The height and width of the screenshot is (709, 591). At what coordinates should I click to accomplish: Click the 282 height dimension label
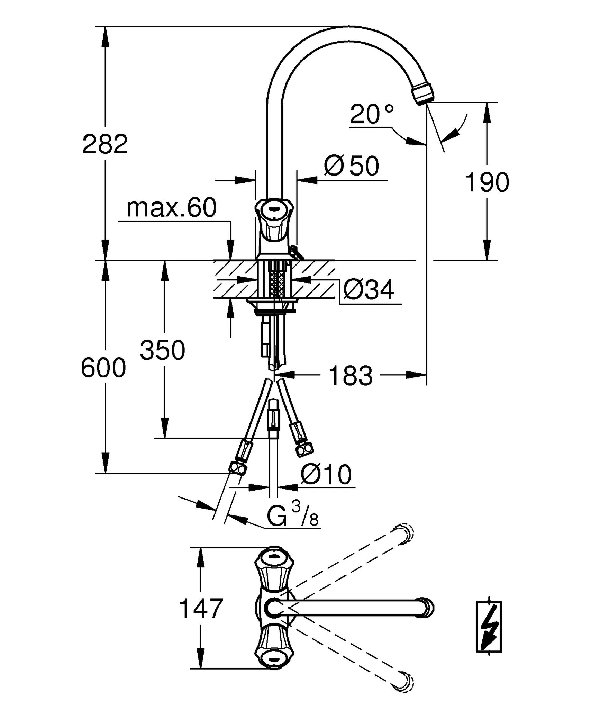click(x=105, y=144)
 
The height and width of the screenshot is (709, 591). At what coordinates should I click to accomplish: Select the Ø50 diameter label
click(x=352, y=166)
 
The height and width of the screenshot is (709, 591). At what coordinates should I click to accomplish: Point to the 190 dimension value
click(x=487, y=182)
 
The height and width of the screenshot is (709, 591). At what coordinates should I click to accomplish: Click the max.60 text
click(x=172, y=208)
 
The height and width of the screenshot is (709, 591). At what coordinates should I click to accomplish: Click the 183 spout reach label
click(x=351, y=376)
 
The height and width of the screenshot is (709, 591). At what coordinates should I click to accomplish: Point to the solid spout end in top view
click(x=425, y=608)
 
